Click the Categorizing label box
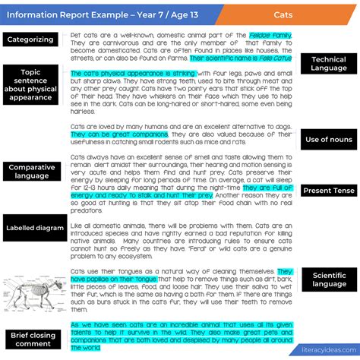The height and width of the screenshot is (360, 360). pos(30,39)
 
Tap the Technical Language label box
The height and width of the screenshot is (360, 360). pos(328,64)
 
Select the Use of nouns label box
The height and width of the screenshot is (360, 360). pos(328,140)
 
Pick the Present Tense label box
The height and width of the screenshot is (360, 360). pos(328,191)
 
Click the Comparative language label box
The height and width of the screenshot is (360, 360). pos(34,172)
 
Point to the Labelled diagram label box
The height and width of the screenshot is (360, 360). pos(35,227)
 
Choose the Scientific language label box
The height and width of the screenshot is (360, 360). pos(328,279)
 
